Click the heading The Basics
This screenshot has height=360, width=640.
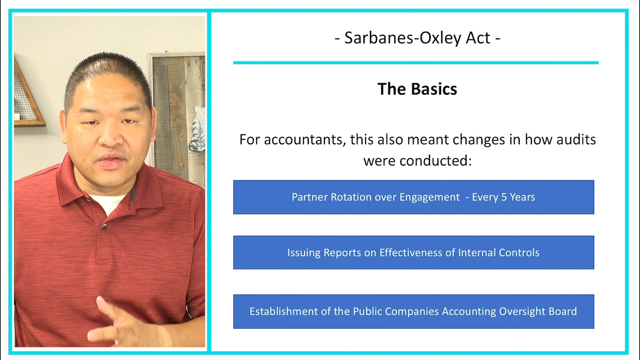pyautogui.click(x=417, y=89)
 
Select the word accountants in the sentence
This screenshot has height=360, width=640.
pyautogui.click(x=303, y=140)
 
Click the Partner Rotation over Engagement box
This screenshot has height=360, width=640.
pyautogui.click(x=413, y=197)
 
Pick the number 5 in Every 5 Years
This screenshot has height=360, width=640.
pyautogui.click(x=504, y=197)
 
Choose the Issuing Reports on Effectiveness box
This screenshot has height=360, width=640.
pyautogui.click(x=413, y=252)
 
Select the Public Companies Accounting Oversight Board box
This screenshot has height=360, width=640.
pyautogui.click(x=413, y=311)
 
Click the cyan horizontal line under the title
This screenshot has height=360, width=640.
pyautogui.click(x=416, y=63)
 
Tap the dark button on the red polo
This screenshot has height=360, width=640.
pyautogui.click(x=104, y=227)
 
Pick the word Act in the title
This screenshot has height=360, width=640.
pyautogui.click(x=478, y=38)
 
